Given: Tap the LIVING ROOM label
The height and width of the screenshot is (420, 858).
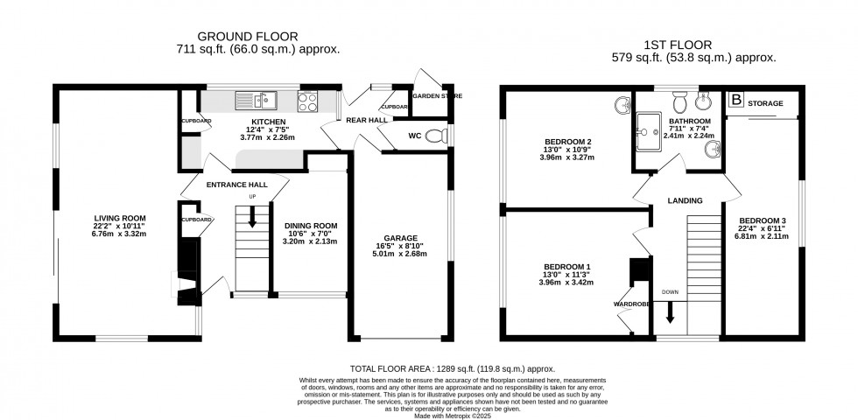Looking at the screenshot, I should pos(121,218).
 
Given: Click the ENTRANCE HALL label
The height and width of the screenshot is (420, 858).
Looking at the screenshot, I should pos(236,185).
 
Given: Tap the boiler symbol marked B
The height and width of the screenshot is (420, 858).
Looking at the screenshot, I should pos(736,101).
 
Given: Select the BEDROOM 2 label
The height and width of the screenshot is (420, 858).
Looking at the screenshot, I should pos(568,143).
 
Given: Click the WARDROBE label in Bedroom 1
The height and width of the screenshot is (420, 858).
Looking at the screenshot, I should pos(629,304).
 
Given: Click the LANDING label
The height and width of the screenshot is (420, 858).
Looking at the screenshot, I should pos(685,200).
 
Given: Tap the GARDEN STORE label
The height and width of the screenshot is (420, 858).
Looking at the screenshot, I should pos(437,95).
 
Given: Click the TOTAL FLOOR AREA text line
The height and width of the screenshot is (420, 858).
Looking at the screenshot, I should pos(428,369).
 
